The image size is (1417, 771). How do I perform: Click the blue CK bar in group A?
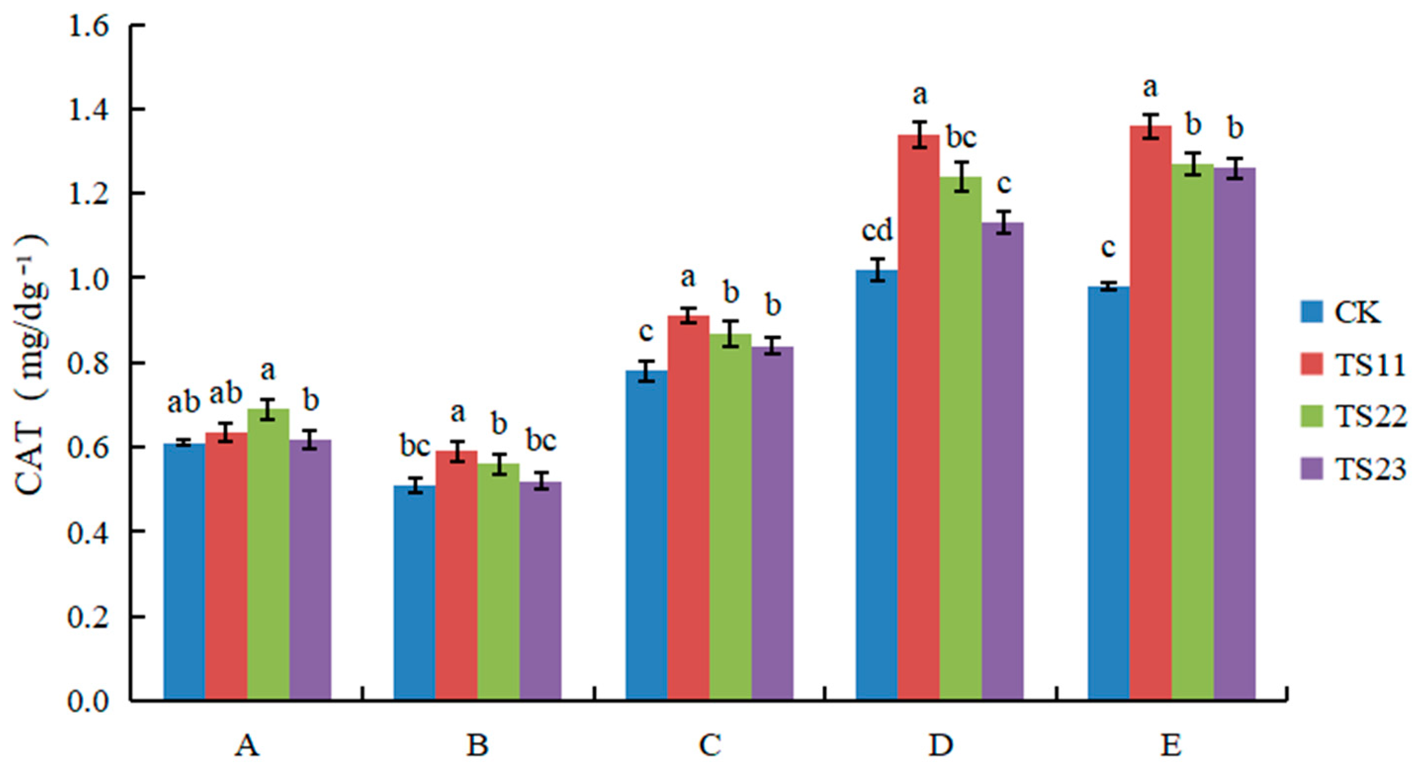[184, 572]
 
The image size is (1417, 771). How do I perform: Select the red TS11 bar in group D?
[919, 418]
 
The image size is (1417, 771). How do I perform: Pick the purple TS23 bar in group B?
[541, 591]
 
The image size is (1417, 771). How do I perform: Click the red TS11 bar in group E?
[1150, 413]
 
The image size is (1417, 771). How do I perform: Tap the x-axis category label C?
[710, 746]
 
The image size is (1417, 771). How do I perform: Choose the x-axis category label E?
[1170, 746]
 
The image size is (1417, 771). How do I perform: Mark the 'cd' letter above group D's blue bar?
[877, 231]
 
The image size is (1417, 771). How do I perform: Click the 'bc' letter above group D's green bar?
[961, 137]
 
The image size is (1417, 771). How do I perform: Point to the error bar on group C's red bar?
[688, 316]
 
